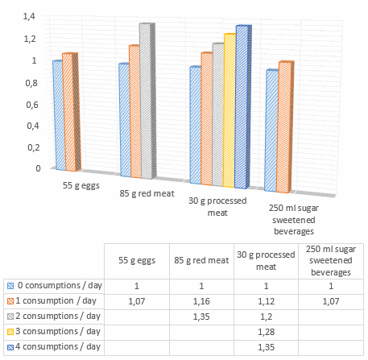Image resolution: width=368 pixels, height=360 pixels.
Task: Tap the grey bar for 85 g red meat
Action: (x=145, y=101)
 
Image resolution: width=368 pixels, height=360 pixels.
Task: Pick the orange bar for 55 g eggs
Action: (x=68, y=113)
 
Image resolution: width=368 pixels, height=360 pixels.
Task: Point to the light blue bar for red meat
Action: (x=123, y=120)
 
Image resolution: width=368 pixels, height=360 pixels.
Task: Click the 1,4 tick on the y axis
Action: (x=30, y=17)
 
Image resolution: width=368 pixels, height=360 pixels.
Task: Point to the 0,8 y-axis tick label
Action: (x=30, y=82)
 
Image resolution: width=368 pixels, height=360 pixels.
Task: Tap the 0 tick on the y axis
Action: (x=34, y=168)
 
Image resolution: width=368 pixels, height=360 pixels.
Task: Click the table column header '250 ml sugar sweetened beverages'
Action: (x=329, y=262)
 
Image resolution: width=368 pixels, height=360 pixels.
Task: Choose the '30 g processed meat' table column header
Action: (x=266, y=262)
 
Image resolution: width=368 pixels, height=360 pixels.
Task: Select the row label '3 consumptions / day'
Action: (x=60, y=331)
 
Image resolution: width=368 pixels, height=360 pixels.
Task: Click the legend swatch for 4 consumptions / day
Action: (x=10, y=347)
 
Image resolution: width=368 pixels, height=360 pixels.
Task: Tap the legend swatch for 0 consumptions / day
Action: (x=10, y=285)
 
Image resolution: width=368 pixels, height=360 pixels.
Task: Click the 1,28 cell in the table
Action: (x=266, y=331)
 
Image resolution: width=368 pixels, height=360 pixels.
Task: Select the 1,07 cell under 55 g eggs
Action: (x=139, y=300)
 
